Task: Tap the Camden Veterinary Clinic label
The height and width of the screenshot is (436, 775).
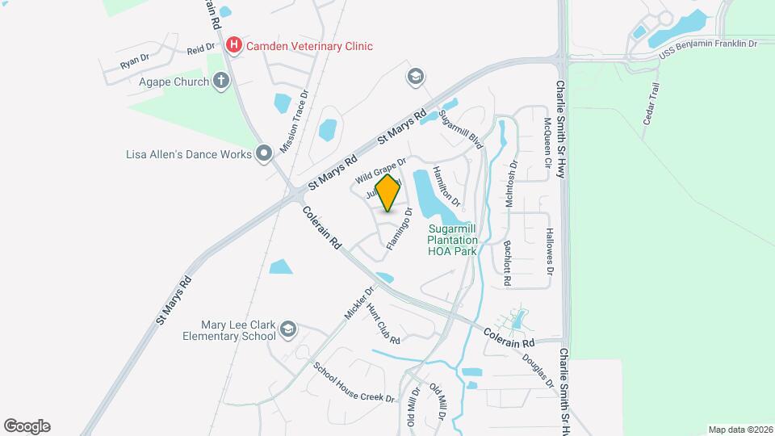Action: (x=310, y=46)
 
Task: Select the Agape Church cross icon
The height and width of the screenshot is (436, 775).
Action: (x=221, y=81)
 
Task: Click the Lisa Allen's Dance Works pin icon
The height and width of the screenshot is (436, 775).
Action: (x=263, y=153)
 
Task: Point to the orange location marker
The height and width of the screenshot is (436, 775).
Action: (x=388, y=192)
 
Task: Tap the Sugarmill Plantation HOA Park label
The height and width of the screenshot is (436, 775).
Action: (x=452, y=240)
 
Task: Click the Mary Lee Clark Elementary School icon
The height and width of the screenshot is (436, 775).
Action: (x=289, y=329)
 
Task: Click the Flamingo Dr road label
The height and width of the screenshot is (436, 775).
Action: (x=399, y=229)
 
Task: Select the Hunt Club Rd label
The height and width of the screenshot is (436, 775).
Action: (x=383, y=324)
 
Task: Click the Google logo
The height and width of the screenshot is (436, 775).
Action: (x=27, y=426)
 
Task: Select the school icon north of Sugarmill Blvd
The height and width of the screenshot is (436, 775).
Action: (x=416, y=76)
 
